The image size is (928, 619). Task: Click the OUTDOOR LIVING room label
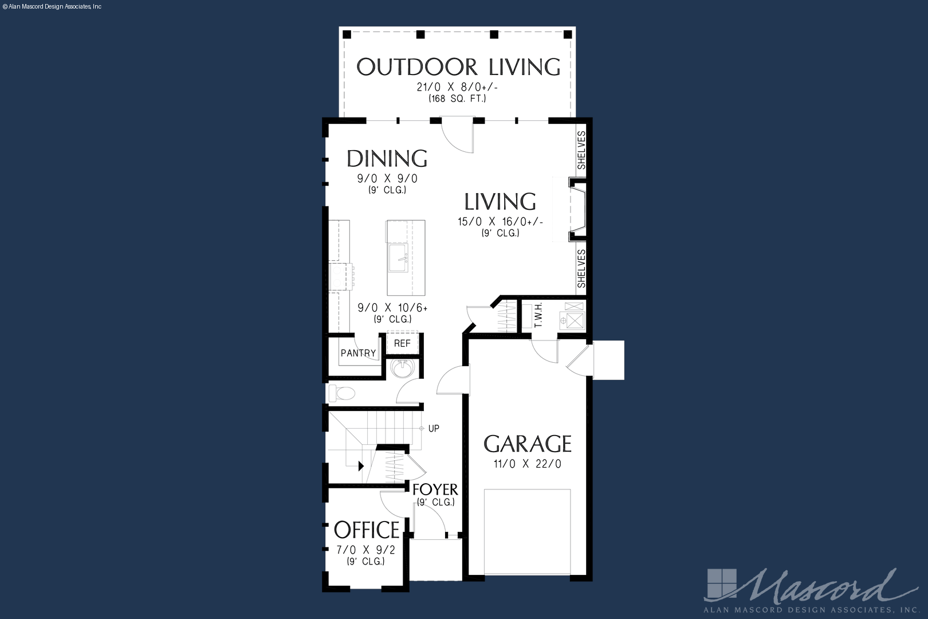pos(458,67)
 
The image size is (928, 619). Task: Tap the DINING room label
pos(387,158)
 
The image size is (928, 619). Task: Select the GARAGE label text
pos(528,444)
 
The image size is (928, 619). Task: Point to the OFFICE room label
pos(367,530)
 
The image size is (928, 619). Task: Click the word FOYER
pos(435,489)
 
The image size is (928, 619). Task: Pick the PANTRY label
pos(359,353)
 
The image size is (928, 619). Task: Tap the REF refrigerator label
pos(402,343)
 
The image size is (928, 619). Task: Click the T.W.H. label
pos(538,315)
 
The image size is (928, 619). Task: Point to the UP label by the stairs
pos(434,429)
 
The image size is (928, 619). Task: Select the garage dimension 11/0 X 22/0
pos(528,464)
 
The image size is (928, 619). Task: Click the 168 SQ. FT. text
pos(457,99)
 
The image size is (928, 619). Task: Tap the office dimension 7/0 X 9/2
pos(366,550)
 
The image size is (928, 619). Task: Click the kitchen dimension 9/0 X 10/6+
pos(392,308)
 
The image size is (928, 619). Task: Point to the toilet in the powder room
pos(342,393)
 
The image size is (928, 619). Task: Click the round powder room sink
pos(402,368)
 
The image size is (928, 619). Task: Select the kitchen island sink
pos(398,258)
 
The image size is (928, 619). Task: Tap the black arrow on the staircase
pos(361,466)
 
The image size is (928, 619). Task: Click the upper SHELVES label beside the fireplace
pos(581,150)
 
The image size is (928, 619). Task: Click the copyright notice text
pos(52,7)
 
